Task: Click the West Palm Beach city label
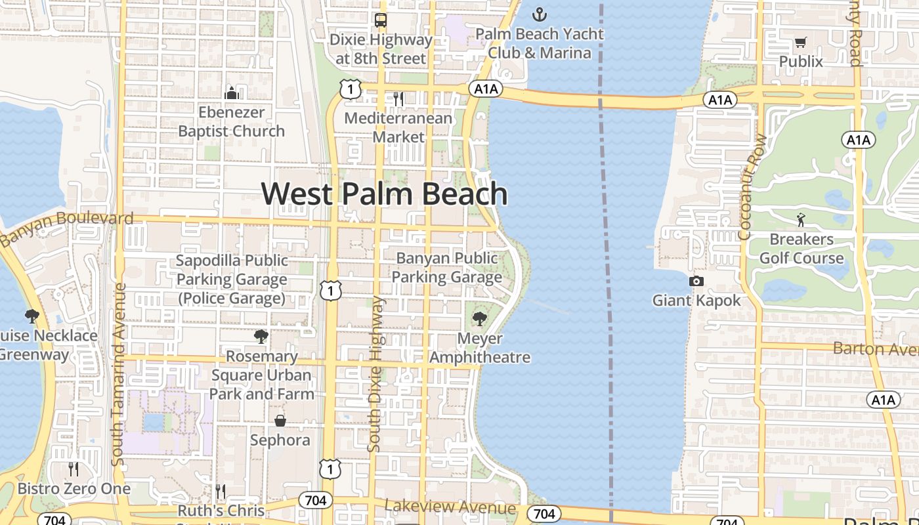click(x=385, y=194)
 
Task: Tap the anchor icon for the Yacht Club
click(x=539, y=14)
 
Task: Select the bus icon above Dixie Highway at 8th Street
click(x=381, y=20)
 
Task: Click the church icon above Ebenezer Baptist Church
click(x=231, y=93)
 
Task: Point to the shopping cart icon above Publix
click(x=800, y=43)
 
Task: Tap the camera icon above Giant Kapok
click(x=696, y=282)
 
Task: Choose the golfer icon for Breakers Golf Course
click(x=801, y=220)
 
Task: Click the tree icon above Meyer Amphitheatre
click(x=480, y=320)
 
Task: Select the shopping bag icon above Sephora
click(x=280, y=420)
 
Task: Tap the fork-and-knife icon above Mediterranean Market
click(x=398, y=99)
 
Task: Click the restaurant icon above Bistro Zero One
click(x=74, y=469)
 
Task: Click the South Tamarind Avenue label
click(x=119, y=374)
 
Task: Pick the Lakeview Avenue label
click(x=450, y=507)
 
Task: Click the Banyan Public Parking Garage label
click(x=447, y=268)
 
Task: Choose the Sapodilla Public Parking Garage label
click(x=232, y=280)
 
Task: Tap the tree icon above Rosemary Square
click(x=261, y=337)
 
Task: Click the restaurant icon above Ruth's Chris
click(x=221, y=491)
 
